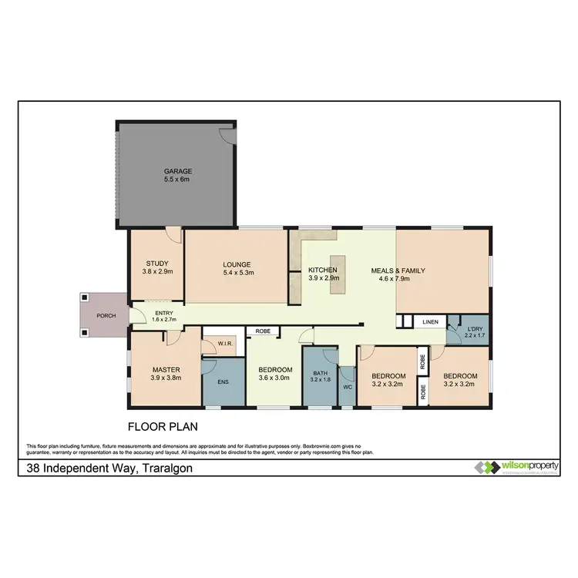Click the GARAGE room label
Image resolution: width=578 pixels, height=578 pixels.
pyautogui.click(x=176, y=171)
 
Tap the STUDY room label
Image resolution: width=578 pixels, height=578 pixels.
pyautogui.click(x=157, y=264)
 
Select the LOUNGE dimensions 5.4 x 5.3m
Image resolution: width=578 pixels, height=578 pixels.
pyautogui.click(x=237, y=273)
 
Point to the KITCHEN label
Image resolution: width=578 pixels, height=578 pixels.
pyautogui.click(x=322, y=270)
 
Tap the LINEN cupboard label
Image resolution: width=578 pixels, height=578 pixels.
pyautogui.click(x=429, y=323)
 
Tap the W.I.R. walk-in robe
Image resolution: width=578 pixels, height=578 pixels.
pyautogui.click(x=225, y=344)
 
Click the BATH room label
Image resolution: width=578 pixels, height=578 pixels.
pyautogui.click(x=319, y=373)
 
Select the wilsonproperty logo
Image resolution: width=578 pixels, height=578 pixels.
pyautogui.click(x=517, y=468)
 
